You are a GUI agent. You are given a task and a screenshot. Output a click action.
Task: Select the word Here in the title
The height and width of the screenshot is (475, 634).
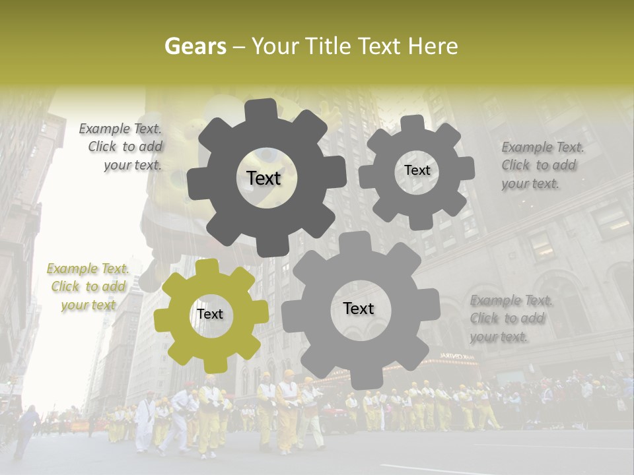pyautogui.click(x=433, y=46)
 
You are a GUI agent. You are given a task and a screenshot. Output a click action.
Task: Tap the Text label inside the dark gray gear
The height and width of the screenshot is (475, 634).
pyautogui.click(x=264, y=178)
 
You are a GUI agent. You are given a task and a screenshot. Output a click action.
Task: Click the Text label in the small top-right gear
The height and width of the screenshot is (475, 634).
pyautogui.click(x=417, y=170)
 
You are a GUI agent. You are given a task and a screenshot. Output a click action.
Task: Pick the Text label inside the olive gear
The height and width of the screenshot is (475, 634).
pyautogui.click(x=210, y=315)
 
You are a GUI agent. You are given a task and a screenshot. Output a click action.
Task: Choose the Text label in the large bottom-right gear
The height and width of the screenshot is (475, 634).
pyautogui.click(x=359, y=309)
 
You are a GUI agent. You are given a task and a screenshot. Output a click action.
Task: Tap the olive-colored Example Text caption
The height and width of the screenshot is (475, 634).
pyautogui.click(x=88, y=287)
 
